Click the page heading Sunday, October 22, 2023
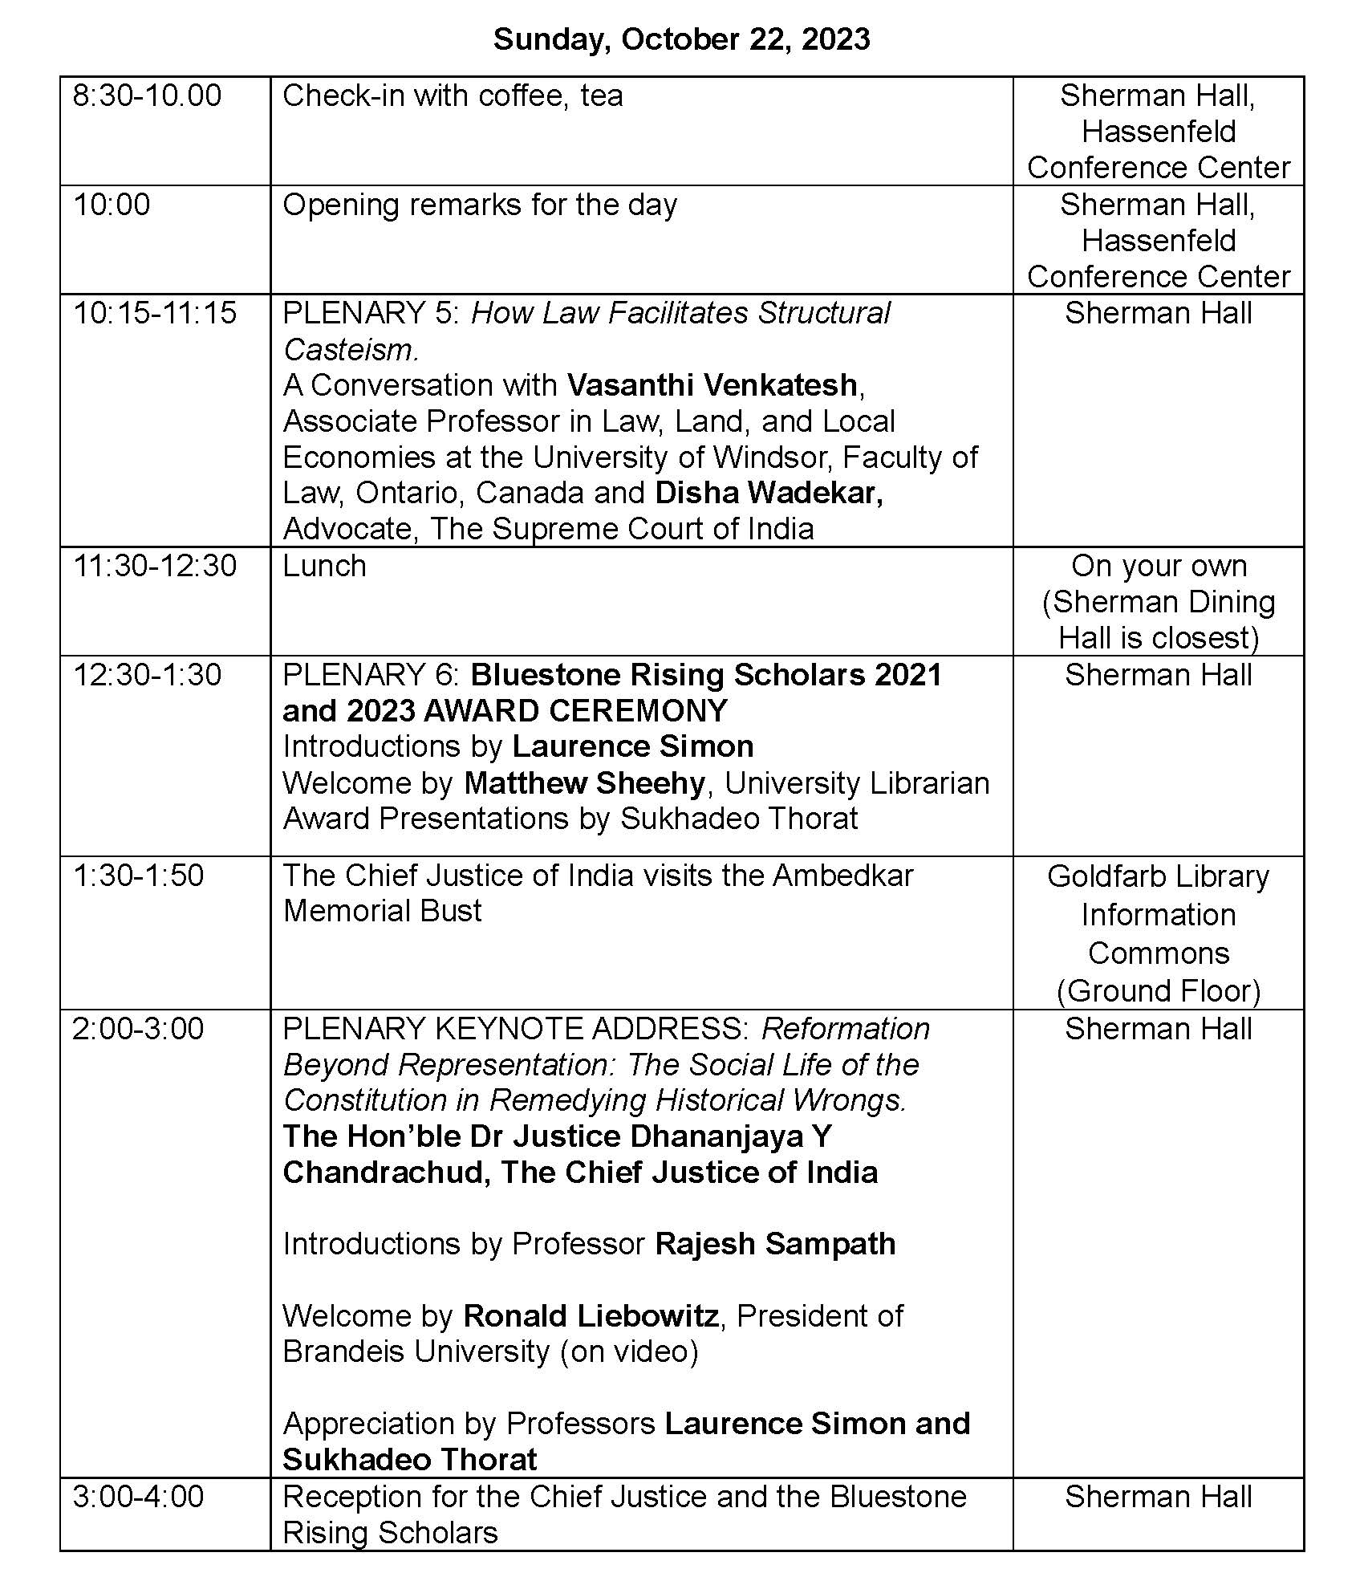pos(681,39)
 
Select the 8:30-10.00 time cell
pos(147,96)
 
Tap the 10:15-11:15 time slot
pos(155,313)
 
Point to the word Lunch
pos(324,566)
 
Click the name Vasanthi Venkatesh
pos(712,385)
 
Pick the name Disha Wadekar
pos(769,493)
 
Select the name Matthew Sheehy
pos(584,782)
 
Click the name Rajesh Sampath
pos(775,1244)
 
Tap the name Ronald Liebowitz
pos(591,1316)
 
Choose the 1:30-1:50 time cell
pos(138,875)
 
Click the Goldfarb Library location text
pos(1158,876)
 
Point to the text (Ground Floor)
pos(1158,991)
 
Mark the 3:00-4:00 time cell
pos(138,1497)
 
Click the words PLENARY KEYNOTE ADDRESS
pos(515,1029)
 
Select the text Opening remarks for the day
pos(480,205)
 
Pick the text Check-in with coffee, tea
pos(453,96)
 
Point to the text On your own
pos(1159,566)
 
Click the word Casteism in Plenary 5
pos(350,350)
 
